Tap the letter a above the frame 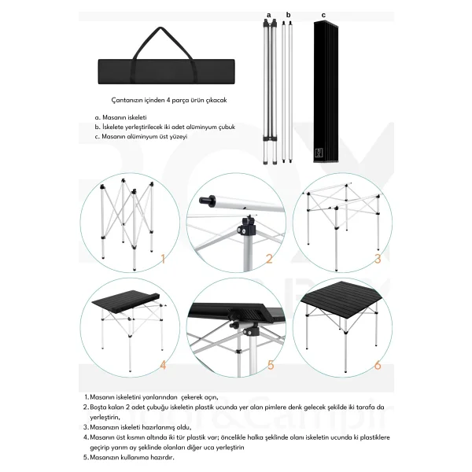click(269, 15)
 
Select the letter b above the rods click(289, 15)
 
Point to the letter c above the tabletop click(323, 15)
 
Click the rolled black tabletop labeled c click(326, 92)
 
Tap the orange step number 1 click(163, 259)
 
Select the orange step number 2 click(269, 259)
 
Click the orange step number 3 click(378, 259)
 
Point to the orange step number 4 click(163, 365)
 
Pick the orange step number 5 click(271, 365)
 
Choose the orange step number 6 click(378, 365)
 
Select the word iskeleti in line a click(138, 117)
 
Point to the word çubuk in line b click(227, 127)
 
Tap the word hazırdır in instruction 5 click(163, 458)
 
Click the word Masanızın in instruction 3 click(102, 427)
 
